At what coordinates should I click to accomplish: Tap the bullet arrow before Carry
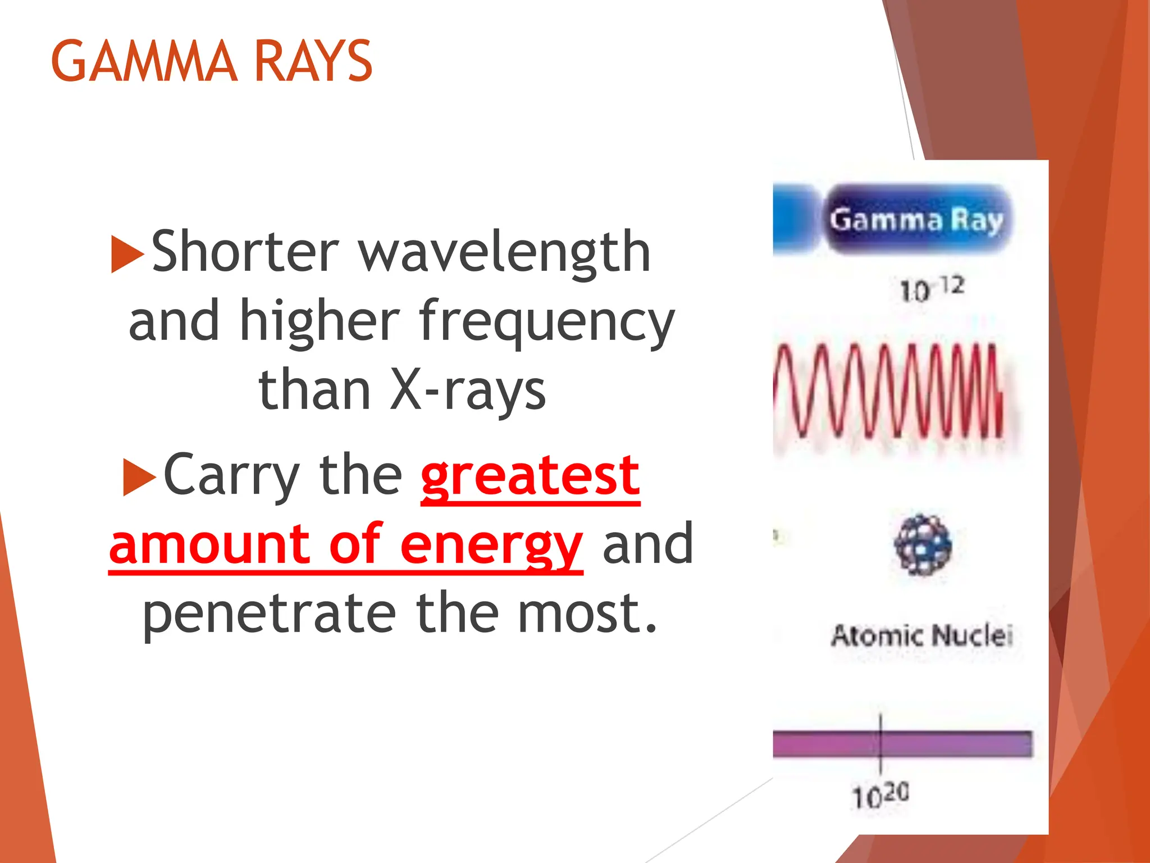[x=139, y=478]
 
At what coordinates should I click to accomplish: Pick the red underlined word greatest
[x=530, y=476]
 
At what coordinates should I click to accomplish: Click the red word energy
[x=491, y=545]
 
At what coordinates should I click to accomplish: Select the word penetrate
[x=269, y=613]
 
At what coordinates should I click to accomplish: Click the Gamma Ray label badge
[x=916, y=220]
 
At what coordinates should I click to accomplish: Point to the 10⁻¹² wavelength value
[x=932, y=289]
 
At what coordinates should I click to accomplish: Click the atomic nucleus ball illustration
[x=923, y=544]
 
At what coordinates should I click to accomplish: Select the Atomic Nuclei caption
[x=921, y=636]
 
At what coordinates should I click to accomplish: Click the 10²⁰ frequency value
[x=880, y=795]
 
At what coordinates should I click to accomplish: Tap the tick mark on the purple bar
[x=880, y=743]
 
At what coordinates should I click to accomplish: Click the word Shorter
[x=245, y=252]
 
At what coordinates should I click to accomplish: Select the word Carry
[x=230, y=476]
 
